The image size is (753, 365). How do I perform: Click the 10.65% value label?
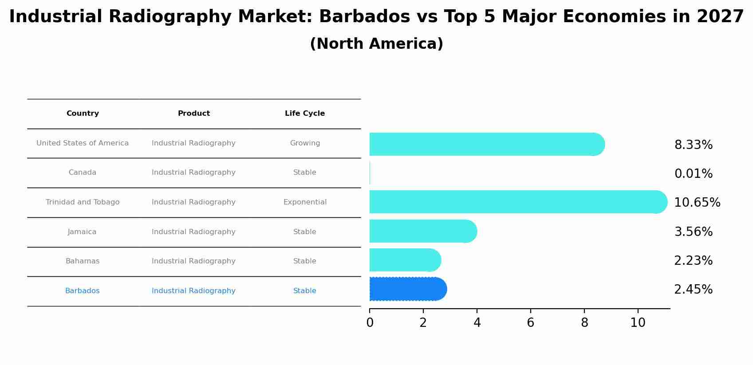click(x=697, y=203)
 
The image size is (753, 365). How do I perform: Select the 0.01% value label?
click(x=693, y=174)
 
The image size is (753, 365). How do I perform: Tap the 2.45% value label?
click(x=693, y=290)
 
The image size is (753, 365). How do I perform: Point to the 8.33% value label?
click(x=693, y=145)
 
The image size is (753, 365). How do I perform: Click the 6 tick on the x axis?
click(x=530, y=323)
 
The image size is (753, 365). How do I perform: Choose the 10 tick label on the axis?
click(x=638, y=323)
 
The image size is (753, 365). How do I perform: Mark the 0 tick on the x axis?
click(x=370, y=323)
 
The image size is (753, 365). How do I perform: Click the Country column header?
click(x=83, y=114)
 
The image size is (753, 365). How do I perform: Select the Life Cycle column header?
click(x=305, y=114)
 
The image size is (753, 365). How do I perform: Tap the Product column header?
click(x=194, y=114)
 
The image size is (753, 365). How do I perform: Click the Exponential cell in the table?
click(x=305, y=202)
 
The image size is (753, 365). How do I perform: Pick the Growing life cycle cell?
click(x=305, y=143)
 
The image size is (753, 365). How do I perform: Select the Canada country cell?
click(x=83, y=173)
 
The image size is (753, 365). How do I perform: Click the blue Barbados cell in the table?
click(x=83, y=291)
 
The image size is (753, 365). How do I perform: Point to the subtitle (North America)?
click(x=376, y=44)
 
